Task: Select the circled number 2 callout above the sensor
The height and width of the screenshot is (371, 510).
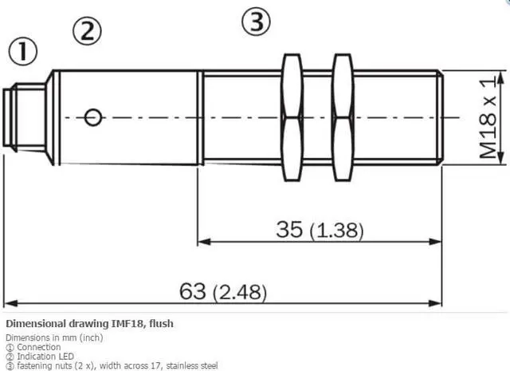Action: click(x=88, y=31)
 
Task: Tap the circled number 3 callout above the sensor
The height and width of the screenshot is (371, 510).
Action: click(x=255, y=22)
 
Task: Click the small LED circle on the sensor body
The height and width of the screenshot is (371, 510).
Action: click(x=93, y=117)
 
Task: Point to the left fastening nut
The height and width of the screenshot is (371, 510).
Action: click(x=291, y=117)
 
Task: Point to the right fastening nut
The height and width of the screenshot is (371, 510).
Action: click(x=342, y=117)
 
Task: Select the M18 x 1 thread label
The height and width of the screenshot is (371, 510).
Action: click(x=490, y=116)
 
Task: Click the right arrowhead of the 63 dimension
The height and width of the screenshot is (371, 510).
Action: click(x=436, y=303)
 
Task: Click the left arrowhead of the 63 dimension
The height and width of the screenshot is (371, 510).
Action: click(x=10, y=303)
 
